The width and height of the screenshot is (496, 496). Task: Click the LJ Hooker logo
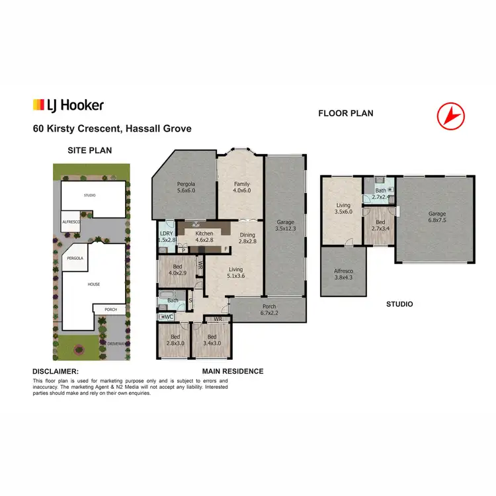(68, 104)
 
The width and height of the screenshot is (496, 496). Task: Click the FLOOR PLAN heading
(345, 113)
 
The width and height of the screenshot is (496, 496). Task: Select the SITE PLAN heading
(89, 150)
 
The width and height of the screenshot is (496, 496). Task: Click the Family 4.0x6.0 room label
(241, 187)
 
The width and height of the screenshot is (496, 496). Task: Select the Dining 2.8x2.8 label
(247, 238)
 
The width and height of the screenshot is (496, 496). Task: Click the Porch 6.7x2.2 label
(268, 309)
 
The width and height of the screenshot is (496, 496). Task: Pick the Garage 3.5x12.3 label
(285, 226)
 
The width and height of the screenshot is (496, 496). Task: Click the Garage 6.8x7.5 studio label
(436, 218)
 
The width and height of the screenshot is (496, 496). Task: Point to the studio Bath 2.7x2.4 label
(380, 194)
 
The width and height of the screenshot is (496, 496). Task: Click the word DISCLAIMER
(56, 372)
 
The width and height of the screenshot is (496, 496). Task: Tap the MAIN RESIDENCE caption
(233, 371)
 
